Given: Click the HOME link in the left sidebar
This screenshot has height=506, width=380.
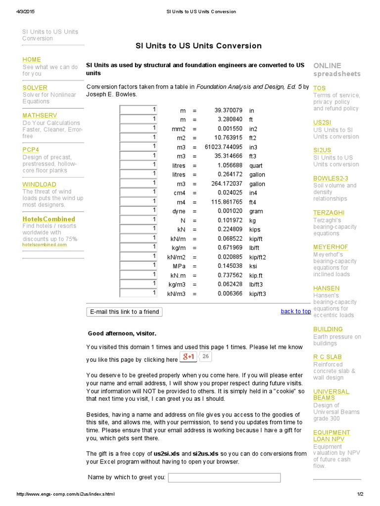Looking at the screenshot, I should (x=32, y=59).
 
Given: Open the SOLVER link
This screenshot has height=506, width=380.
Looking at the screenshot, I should (x=35, y=87).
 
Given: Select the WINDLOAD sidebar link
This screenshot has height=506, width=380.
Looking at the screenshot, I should (x=39, y=184).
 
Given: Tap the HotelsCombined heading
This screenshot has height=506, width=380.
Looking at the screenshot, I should (x=48, y=219).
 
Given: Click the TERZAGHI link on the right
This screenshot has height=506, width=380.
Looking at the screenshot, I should (x=327, y=213).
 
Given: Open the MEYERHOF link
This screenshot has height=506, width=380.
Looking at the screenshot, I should (x=331, y=247).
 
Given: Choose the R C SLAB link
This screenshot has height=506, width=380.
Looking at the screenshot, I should (x=327, y=357).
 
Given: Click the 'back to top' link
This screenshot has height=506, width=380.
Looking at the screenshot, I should (x=296, y=311).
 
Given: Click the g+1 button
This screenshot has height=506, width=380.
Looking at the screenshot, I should (x=189, y=357).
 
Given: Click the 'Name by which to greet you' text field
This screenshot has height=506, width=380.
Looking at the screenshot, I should (x=224, y=477).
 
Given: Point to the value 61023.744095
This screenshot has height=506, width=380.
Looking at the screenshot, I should (x=224, y=147).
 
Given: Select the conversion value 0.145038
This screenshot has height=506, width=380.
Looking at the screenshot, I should (x=230, y=266).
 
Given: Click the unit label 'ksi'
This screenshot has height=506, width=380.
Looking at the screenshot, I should (x=253, y=266).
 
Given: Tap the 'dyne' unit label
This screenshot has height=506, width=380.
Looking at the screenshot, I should (x=179, y=211).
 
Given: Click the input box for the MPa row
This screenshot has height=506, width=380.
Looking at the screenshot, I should (x=139, y=265).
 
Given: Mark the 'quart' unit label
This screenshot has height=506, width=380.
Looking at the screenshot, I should (x=256, y=166).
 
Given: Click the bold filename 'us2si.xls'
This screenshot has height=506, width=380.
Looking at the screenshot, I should (x=166, y=454).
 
